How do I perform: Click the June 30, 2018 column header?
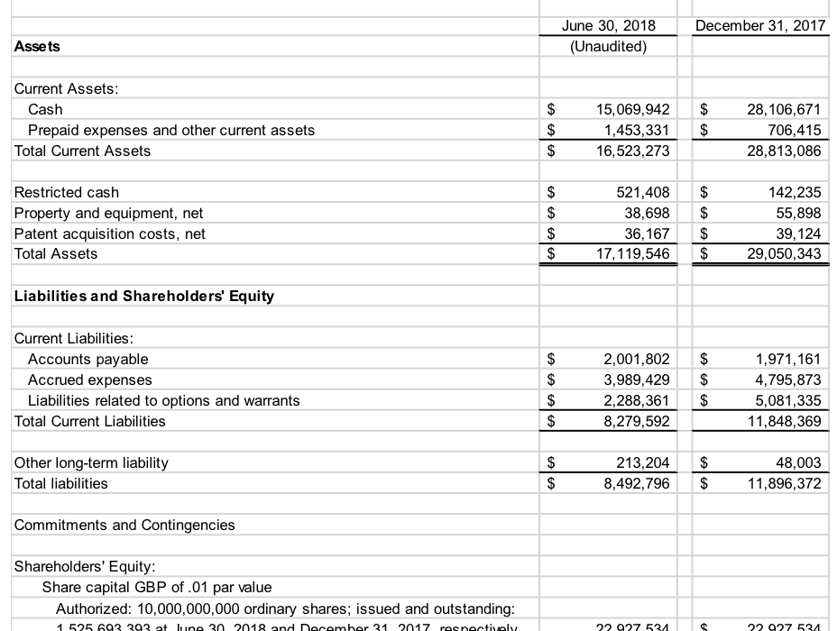coord(608,25)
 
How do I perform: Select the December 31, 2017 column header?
coord(760,25)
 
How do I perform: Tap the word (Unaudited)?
coord(608,46)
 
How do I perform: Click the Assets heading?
coord(38,46)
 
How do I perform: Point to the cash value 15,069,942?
coord(633,109)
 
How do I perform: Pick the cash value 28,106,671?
coord(785,109)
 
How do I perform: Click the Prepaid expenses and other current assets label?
coord(171,130)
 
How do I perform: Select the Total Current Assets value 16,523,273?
coord(633,151)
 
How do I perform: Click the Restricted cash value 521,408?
coord(642,192)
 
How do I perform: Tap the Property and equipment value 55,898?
coord(798,213)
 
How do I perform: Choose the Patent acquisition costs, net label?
coord(110,233)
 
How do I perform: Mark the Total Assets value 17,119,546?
coord(633,254)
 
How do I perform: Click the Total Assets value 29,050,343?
coord(785,254)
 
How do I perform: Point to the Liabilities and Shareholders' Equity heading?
coord(144,296)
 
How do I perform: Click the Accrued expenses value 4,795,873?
coord(787,380)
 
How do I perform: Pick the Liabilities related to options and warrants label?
coord(164,400)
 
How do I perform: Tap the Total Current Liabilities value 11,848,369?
coord(785,421)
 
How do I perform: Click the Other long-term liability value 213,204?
coord(642,462)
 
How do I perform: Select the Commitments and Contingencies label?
coord(124,525)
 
